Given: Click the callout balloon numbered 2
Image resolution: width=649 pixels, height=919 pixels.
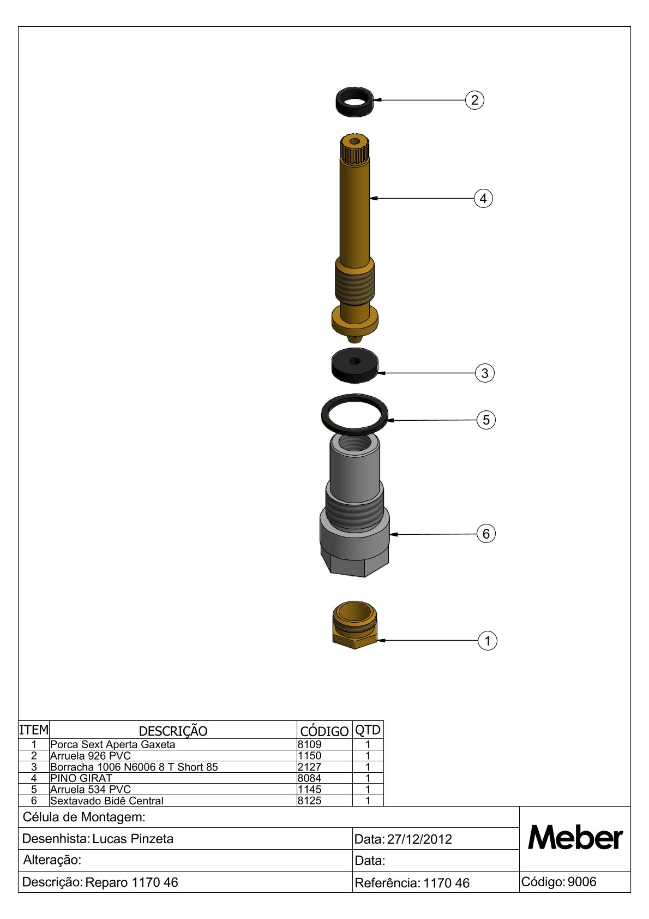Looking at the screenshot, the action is click(474, 100).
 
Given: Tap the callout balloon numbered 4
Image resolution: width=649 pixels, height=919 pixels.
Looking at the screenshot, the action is click(483, 199).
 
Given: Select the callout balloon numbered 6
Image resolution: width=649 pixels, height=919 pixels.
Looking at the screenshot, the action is click(486, 534).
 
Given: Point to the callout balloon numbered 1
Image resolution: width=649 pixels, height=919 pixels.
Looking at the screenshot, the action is click(487, 641).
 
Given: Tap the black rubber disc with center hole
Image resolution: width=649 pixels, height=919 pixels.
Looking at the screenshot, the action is click(354, 365).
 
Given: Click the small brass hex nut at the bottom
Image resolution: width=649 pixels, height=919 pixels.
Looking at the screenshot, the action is click(354, 625).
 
